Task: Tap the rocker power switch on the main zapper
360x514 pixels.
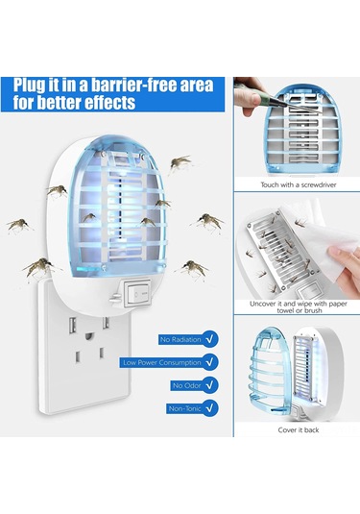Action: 137,293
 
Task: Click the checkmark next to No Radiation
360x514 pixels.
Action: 210,339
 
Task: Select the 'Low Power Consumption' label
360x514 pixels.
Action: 162,362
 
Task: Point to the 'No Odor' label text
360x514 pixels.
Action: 186,385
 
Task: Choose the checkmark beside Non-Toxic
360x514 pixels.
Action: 210,408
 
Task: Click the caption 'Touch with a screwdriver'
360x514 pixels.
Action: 299,184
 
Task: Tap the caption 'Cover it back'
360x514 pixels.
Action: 299,429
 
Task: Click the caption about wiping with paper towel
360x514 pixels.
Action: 299,306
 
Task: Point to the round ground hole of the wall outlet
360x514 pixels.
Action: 89,336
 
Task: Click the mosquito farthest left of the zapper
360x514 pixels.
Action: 19,226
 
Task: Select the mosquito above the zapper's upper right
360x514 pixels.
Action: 180,162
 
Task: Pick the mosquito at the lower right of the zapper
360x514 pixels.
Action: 193,268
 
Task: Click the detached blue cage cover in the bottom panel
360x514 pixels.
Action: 270,372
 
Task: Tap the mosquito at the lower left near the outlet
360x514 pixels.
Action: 38,267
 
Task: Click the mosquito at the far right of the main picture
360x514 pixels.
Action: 208,221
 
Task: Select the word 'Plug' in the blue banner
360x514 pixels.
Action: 29,86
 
